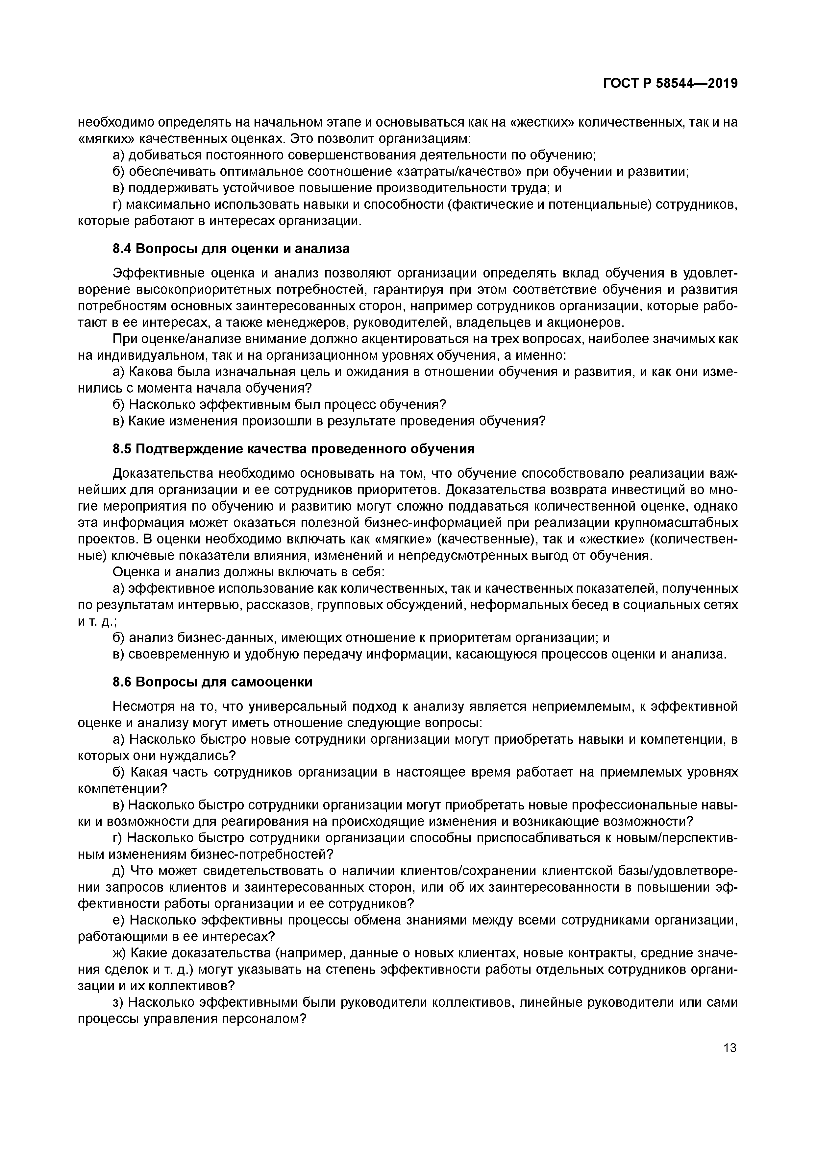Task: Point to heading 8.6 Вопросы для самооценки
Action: (212, 682)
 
